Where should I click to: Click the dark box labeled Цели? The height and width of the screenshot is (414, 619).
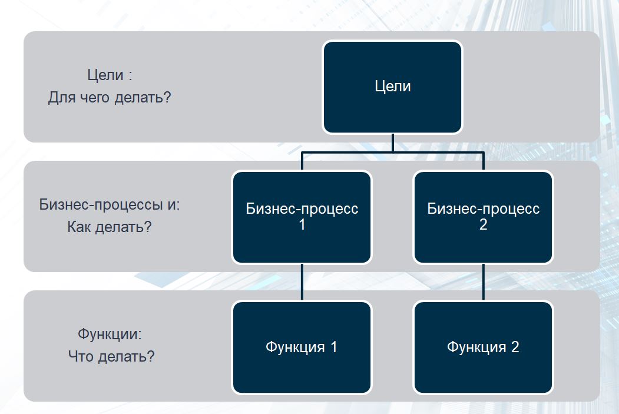[392, 87]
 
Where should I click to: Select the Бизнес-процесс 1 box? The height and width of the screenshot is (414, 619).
[302, 217]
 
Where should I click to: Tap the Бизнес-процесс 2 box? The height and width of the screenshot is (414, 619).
[483, 217]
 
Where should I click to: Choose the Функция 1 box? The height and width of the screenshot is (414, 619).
[302, 347]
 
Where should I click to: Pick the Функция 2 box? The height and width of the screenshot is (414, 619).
[483, 347]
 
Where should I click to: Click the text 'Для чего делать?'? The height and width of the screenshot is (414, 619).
[110, 98]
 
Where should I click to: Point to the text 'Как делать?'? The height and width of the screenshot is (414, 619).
[110, 227]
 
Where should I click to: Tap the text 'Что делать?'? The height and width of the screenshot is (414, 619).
[111, 356]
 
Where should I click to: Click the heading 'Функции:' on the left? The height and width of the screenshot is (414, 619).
[110, 334]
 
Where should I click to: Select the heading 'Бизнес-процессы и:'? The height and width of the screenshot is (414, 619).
[110, 204]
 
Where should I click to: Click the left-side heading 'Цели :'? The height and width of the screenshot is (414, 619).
[110, 75]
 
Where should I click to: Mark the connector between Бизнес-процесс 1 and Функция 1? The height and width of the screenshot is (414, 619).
[302, 282]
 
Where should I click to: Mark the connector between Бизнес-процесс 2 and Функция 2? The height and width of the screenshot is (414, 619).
[483, 282]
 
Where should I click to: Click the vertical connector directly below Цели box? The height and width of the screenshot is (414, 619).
[392, 143]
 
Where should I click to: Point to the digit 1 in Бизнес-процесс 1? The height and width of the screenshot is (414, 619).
[302, 224]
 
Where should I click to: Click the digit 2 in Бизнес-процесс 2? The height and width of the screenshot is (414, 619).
[483, 224]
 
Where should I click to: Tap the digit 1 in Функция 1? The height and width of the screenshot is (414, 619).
[333, 347]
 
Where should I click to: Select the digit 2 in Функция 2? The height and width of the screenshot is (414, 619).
[515, 347]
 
